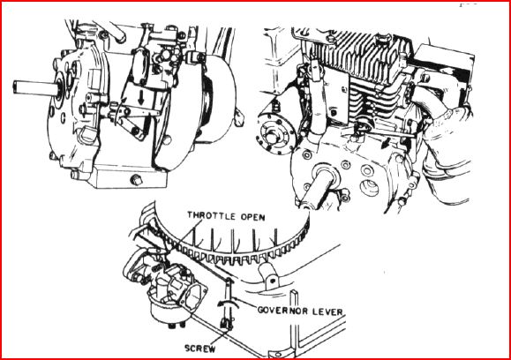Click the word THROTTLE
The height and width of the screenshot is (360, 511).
coord(212,216)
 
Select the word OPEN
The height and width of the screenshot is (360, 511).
coord(253,217)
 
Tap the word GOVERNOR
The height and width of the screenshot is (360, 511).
coord(282,310)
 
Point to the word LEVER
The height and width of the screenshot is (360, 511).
coord(327,311)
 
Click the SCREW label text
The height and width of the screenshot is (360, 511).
coord(200,349)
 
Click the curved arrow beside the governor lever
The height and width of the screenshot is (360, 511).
coord(228,303)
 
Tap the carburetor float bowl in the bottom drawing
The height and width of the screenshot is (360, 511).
coord(163,311)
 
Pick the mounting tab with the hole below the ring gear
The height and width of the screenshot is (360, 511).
coord(269,276)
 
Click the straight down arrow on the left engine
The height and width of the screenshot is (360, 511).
coord(141,97)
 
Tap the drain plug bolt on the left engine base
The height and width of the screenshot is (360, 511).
coord(136,179)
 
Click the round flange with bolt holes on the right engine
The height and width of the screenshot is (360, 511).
coord(276,133)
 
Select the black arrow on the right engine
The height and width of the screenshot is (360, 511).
coord(387,142)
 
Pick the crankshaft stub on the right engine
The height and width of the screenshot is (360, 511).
coord(318,185)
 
